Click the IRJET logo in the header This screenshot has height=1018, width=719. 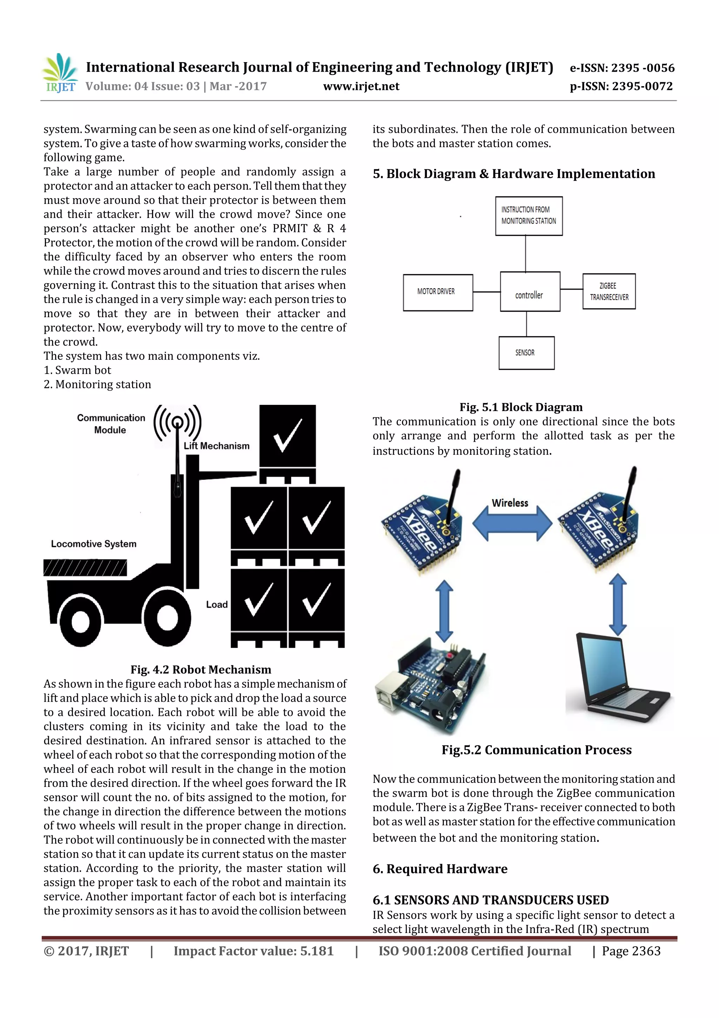click(x=60, y=73)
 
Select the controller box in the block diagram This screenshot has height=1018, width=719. click(x=529, y=292)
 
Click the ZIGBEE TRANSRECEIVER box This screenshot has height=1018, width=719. click(x=609, y=291)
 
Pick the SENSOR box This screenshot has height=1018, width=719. click(x=526, y=353)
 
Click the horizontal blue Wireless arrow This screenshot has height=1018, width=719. click(x=512, y=523)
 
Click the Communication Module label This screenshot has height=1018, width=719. click(x=110, y=424)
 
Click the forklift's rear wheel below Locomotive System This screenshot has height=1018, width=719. click(x=81, y=621)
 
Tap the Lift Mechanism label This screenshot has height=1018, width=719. click(x=217, y=446)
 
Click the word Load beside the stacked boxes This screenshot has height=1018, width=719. click(x=217, y=605)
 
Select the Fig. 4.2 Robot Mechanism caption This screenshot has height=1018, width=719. click(x=201, y=669)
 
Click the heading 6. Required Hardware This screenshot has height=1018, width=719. click(x=440, y=869)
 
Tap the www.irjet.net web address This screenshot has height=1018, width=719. click(x=361, y=86)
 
